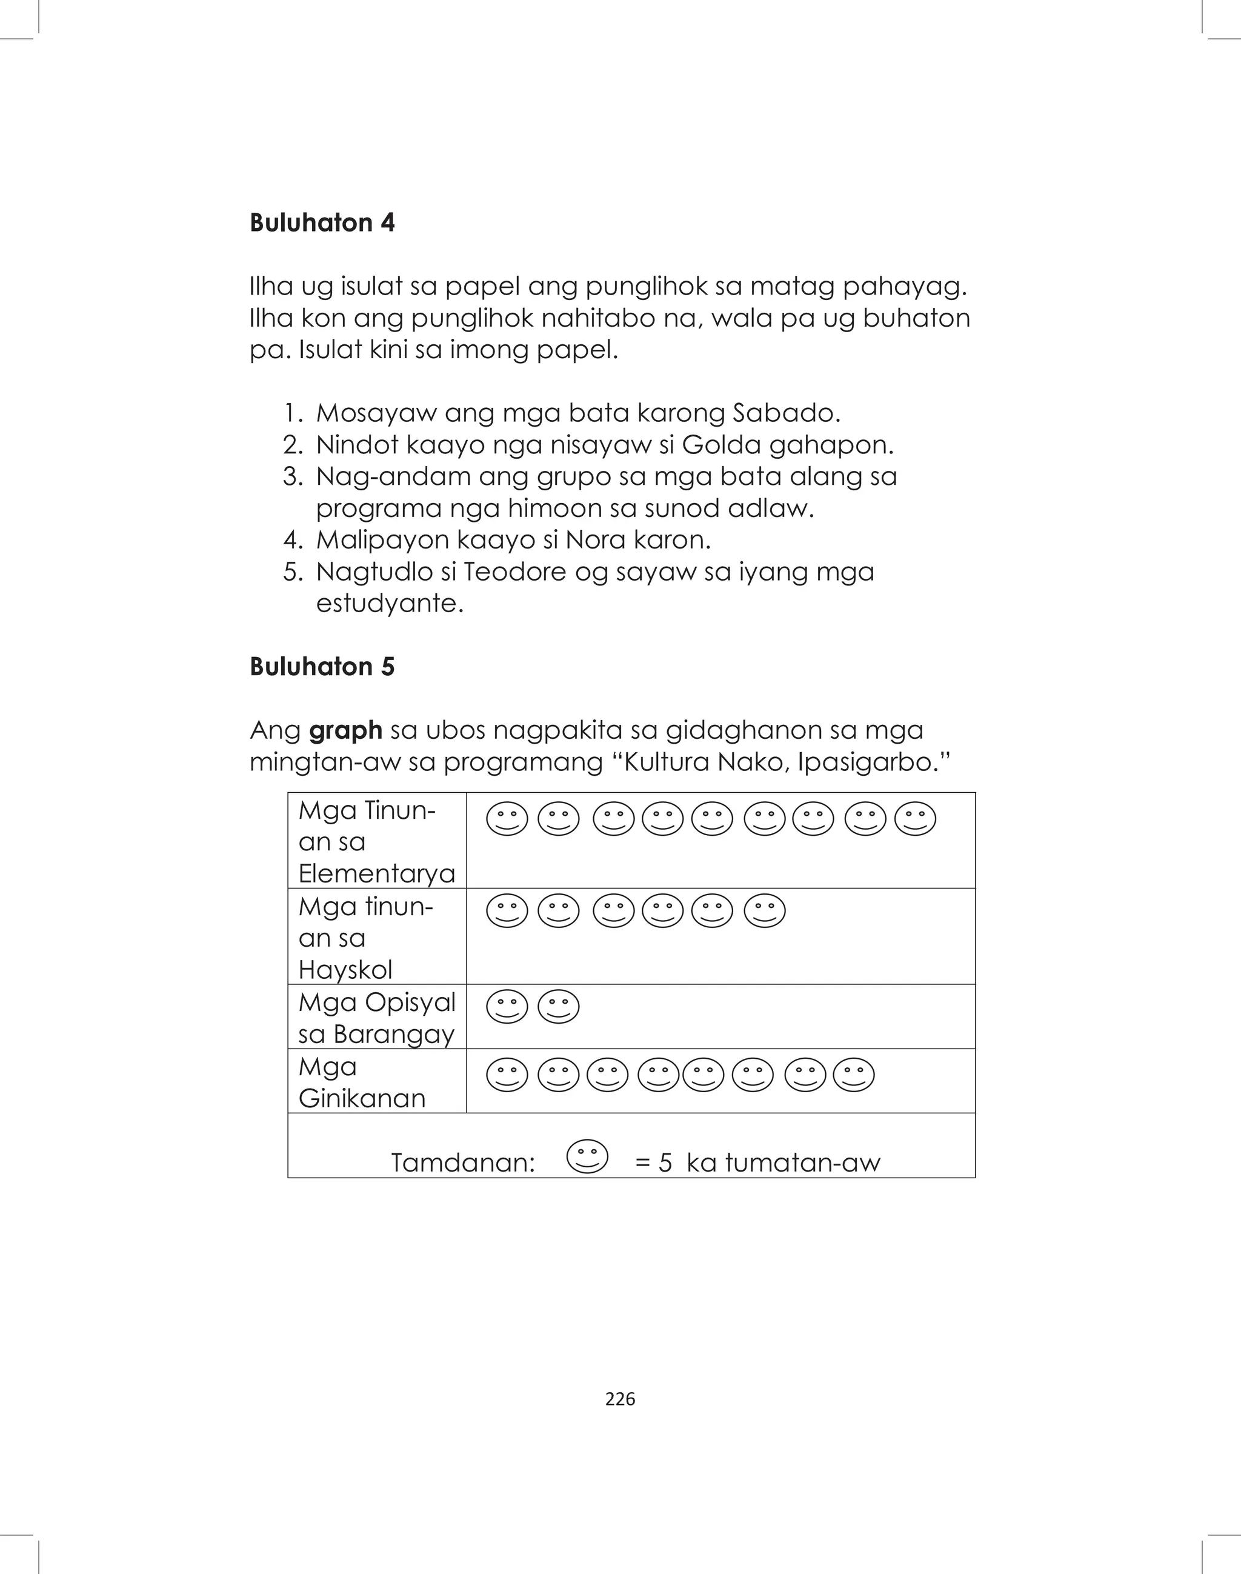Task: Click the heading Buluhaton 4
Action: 322,222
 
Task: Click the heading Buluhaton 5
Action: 322,666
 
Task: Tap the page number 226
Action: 620,1398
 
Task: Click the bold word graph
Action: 345,730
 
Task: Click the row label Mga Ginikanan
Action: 361,1082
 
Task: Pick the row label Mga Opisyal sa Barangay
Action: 376,1018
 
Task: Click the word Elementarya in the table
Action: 376,873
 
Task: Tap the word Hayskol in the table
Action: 345,969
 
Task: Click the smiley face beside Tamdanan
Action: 587,1156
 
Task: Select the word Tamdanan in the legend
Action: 463,1162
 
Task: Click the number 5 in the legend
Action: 664,1162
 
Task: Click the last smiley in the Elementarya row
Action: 915,819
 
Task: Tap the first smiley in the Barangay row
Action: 507,1007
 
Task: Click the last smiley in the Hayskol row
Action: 764,910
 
